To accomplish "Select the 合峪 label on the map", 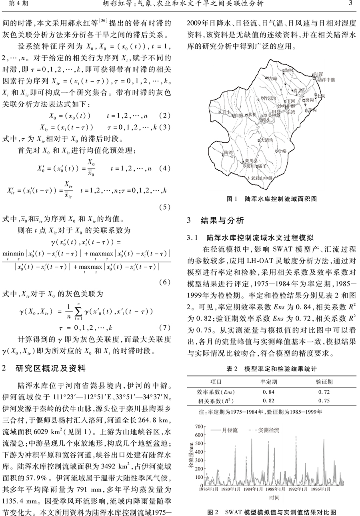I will [282, 151].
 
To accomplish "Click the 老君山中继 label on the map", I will [261, 177].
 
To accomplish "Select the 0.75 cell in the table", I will [324, 400].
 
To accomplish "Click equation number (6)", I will [165, 282].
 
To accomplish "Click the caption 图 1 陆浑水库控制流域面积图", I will [272, 198].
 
